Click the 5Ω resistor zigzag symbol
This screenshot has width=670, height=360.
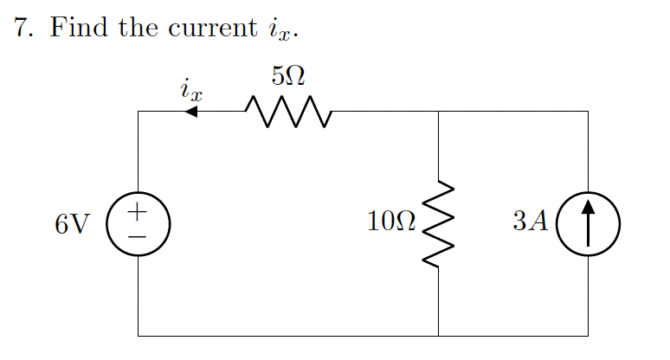click(288, 112)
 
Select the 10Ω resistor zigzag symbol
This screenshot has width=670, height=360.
click(439, 224)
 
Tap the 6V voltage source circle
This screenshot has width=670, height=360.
click(138, 224)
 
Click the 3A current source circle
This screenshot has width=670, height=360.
click(588, 224)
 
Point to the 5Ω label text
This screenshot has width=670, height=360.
click(287, 76)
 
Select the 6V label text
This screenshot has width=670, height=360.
click(71, 224)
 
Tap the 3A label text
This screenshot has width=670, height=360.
click(530, 222)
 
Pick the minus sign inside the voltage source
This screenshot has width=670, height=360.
click(138, 235)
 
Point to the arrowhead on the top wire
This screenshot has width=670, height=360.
click(191, 112)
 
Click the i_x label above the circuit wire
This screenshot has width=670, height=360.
click(191, 89)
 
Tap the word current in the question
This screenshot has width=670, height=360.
click(207, 29)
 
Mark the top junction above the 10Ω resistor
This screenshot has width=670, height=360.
click(439, 112)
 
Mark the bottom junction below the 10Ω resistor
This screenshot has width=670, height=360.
click(439, 336)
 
